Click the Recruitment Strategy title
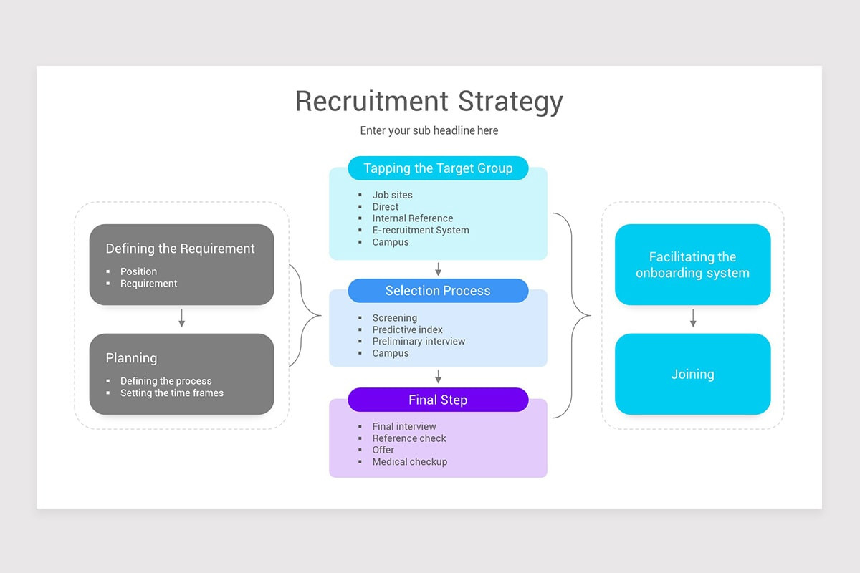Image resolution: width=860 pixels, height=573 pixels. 429,101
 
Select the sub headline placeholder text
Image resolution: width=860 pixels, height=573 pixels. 429,130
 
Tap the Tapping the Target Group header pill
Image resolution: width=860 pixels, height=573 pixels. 438,168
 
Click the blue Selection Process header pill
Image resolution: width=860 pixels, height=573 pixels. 438,291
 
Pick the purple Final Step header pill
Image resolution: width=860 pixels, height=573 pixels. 438,400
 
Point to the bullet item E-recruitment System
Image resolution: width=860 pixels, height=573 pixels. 420,230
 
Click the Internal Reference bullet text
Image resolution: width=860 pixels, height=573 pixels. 412,218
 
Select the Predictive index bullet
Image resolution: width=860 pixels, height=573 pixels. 407,329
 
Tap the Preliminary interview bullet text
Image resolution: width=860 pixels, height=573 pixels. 419,342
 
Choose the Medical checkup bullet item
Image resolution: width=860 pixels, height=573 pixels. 409,462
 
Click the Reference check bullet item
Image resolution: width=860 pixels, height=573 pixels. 408,438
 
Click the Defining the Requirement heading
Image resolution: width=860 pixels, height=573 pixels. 180,249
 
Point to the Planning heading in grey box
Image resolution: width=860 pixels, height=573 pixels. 131,358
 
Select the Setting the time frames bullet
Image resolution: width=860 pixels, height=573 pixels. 171,393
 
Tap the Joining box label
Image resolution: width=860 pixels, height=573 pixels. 692,374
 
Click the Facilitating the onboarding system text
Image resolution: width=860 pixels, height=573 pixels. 692,265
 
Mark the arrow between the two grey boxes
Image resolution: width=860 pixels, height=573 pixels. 181,318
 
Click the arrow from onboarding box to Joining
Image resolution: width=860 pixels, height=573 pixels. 692,318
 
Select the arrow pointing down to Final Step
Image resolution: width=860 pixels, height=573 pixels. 438,377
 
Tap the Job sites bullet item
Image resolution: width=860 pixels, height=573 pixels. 392,195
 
